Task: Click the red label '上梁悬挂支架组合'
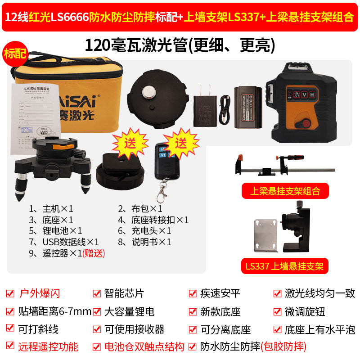[285, 191]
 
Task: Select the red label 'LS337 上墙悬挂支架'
[285, 265]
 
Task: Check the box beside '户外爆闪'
[10, 294]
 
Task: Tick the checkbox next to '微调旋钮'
[277, 311]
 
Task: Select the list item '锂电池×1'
[56, 231]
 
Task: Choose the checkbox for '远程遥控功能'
[10, 346]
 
